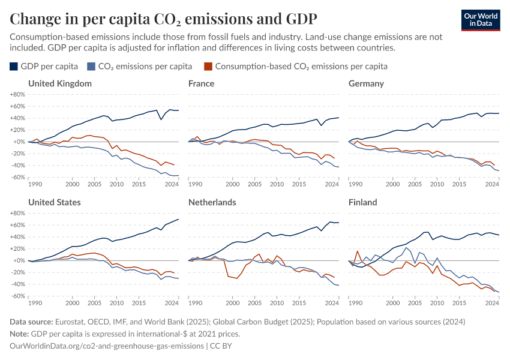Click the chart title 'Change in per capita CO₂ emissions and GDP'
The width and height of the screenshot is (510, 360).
(x=163, y=19)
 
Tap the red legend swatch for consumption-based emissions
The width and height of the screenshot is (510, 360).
(x=208, y=66)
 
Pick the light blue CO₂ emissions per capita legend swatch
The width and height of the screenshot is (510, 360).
(x=91, y=66)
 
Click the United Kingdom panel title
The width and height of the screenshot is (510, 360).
(x=60, y=83)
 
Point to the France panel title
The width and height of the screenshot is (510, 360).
(x=201, y=83)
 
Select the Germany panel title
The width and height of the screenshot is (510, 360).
(x=366, y=83)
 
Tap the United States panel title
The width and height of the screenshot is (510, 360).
(x=54, y=202)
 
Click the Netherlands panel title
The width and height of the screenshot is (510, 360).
(x=211, y=202)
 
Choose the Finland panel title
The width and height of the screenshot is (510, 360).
(x=363, y=202)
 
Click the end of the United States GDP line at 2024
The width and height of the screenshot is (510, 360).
(x=178, y=219)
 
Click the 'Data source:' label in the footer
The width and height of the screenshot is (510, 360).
(x=33, y=322)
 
